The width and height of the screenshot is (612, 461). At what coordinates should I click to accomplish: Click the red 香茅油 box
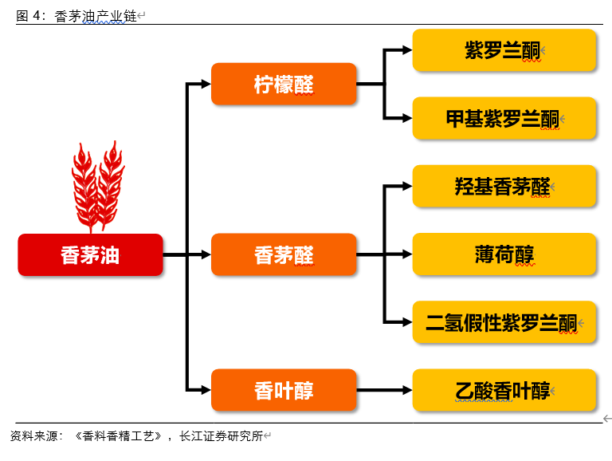(x=90, y=254)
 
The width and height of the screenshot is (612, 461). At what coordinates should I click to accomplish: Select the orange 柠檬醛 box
(x=284, y=84)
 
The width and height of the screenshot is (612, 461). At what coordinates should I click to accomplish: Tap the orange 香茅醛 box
(x=284, y=254)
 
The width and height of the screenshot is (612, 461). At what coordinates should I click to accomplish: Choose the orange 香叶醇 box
(x=284, y=390)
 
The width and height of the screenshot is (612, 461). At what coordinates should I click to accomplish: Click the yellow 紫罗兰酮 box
(x=504, y=50)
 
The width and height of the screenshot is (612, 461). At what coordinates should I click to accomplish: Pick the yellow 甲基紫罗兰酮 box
(x=504, y=118)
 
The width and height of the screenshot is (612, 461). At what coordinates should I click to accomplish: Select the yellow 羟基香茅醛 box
(x=504, y=187)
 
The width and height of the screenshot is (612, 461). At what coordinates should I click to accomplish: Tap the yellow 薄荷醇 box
(x=504, y=254)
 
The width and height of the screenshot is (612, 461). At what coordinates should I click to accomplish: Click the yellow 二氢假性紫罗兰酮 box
(x=504, y=322)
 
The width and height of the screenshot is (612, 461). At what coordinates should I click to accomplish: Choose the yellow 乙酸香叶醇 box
(x=504, y=390)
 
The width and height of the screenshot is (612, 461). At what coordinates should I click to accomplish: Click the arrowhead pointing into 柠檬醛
(x=205, y=84)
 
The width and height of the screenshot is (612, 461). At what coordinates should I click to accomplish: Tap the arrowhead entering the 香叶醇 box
(x=205, y=390)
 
